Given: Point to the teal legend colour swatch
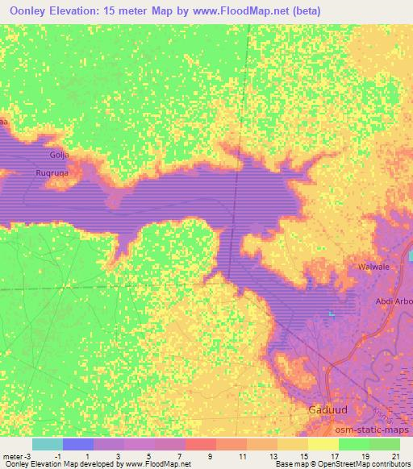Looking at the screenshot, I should click(47, 444).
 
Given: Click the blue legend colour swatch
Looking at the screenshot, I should click(78, 444).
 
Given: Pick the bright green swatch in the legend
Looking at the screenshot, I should click(353, 444).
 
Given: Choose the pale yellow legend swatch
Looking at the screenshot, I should click(323, 444).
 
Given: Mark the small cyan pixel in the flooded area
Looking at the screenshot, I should click(330, 313).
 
